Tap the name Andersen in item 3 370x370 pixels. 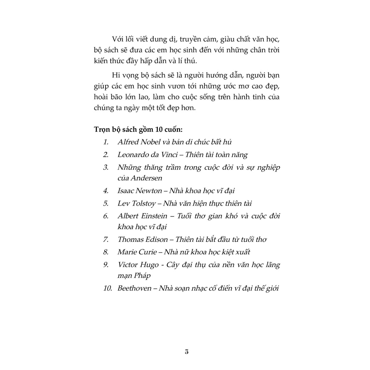146,178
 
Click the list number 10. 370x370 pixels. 108,289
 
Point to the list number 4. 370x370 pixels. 106,190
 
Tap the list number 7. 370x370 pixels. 106,239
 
